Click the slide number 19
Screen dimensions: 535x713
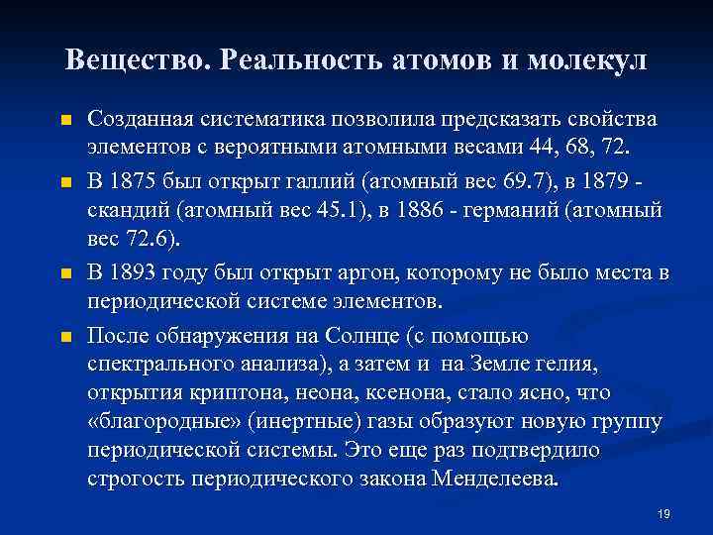663,513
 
